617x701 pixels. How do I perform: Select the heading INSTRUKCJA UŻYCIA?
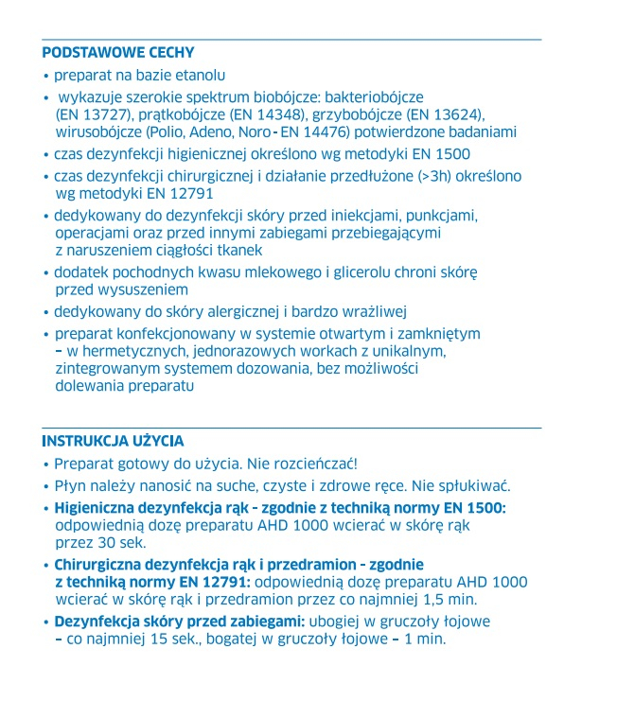click(x=113, y=442)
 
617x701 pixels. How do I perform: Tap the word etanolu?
click(x=201, y=75)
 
